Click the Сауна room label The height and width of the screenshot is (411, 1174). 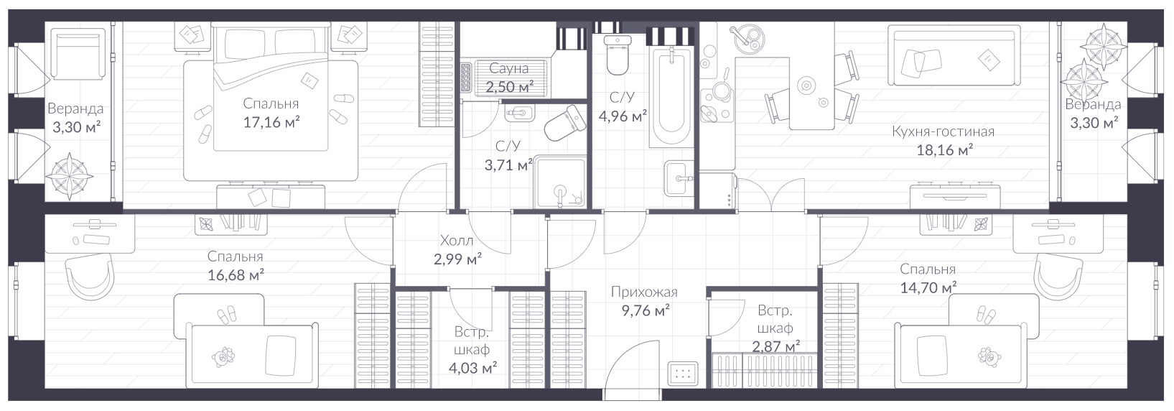point(508,68)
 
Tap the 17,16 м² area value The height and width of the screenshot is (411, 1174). point(271,122)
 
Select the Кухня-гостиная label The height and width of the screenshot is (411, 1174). point(943,131)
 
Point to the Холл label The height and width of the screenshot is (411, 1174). point(457,241)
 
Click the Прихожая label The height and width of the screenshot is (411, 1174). point(644,292)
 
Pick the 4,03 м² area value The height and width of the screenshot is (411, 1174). point(472,368)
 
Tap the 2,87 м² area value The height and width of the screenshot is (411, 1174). point(775,346)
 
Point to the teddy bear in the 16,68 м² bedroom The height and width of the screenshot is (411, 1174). point(223,356)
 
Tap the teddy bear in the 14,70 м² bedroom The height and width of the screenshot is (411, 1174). point(989,356)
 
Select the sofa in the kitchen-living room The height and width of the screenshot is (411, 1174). point(954,55)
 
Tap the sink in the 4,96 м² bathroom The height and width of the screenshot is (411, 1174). point(679,178)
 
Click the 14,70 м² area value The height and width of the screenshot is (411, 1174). point(928,288)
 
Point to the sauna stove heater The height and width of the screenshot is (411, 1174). point(466,78)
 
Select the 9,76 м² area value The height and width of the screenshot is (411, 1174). point(646,311)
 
